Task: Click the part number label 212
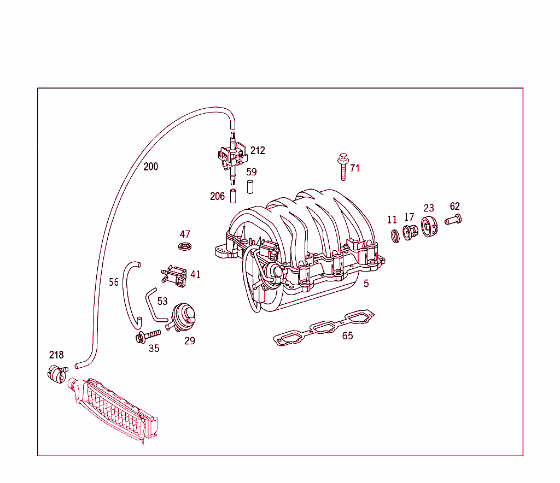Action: pyautogui.click(x=258, y=150)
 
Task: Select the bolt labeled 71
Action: pyautogui.click(x=342, y=167)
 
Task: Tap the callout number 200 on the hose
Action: pyautogui.click(x=151, y=167)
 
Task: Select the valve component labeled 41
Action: pyautogui.click(x=175, y=274)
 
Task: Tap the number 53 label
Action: pyautogui.click(x=162, y=302)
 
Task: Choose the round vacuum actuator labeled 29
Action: pyautogui.click(x=184, y=316)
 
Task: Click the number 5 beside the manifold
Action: pyautogui.click(x=366, y=284)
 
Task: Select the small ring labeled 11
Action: pyautogui.click(x=394, y=236)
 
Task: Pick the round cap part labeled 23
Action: pyautogui.click(x=429, y=228)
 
